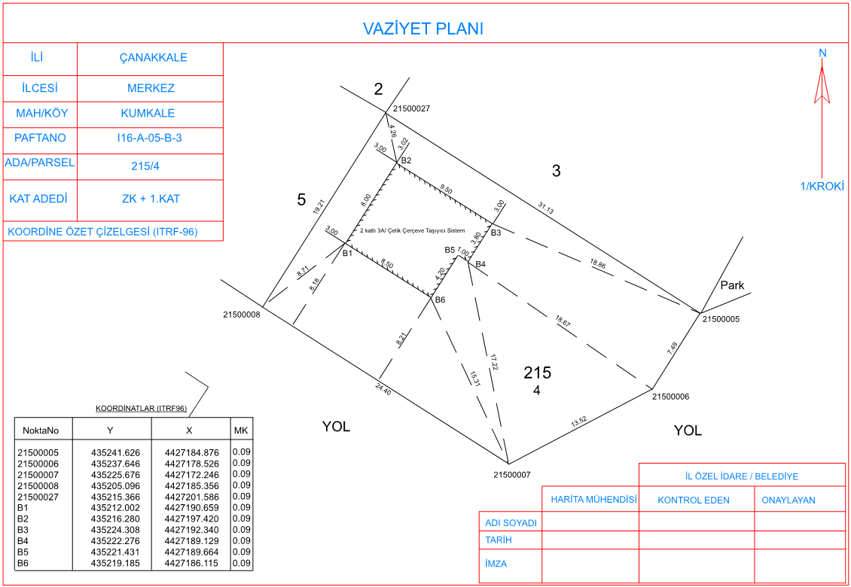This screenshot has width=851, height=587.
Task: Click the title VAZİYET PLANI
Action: [422, 29]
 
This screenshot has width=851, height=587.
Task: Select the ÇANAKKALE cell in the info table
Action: [154, 58]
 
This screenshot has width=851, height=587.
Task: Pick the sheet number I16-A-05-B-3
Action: [149, 138]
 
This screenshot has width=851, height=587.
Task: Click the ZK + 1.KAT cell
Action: [151, 199]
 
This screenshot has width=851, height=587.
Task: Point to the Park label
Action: [732, 285]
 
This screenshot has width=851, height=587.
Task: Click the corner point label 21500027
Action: [411, 109]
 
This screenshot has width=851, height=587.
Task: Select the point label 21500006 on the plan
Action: [670, 397]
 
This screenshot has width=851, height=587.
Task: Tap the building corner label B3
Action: [496, 233]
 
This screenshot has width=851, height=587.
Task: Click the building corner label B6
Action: [440, 300]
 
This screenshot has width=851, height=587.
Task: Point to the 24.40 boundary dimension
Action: [383, 388]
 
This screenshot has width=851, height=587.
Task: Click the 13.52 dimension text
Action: [579, 422]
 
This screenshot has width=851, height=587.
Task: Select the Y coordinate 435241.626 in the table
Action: [115, 453]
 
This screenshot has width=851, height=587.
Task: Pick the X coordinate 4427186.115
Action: [191, 563]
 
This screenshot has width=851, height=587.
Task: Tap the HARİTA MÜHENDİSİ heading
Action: [593, 500]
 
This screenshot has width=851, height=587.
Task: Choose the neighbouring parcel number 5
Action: [301, 200]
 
